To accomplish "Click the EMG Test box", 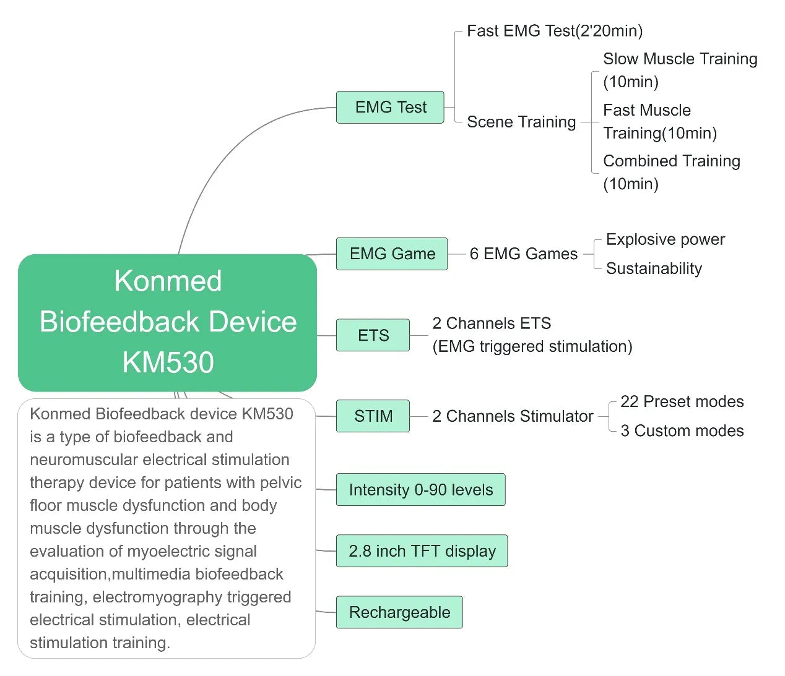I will [390, 107].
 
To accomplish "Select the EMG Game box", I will [392, 254].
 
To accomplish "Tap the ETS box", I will [373, 335].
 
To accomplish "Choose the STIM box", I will [373, 416].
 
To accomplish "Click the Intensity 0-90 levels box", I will [420, 490].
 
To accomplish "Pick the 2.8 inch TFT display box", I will [422, 551].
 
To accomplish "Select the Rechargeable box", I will [399, 612].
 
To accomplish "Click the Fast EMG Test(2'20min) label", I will [554, 31].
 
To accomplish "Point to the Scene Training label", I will [521, 122].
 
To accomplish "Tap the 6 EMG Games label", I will [523, 254].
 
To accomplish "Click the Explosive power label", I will [665, 239].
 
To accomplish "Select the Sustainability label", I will [654, 268].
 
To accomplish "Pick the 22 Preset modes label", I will [682, 401].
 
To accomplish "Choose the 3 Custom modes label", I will [682, 430].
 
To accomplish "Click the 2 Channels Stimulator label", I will [512, 416].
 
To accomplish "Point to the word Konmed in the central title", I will [168, 281].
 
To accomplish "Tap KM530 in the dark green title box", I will [168, 362].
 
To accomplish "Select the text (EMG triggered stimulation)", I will [532, 346].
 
